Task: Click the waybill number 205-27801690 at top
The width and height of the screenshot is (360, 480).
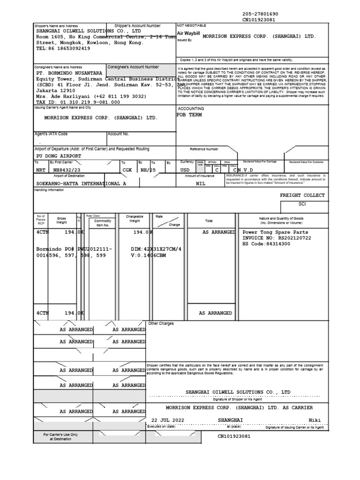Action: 260,15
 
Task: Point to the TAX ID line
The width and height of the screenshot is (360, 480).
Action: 78,102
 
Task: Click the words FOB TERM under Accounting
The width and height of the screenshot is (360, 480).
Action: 189,115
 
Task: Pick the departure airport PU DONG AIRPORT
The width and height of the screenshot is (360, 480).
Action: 59,156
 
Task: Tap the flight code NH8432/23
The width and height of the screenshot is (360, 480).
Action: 67,171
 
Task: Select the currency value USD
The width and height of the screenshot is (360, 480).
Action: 186,171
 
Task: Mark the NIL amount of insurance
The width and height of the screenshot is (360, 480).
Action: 201,184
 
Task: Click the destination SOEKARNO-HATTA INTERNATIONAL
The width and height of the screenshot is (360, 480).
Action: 81,184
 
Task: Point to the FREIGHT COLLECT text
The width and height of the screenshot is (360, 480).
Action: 302,195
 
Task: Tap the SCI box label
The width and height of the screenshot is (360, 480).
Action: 302,204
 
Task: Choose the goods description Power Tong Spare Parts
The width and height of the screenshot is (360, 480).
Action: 275,232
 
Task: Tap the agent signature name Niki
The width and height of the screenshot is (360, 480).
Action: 315,420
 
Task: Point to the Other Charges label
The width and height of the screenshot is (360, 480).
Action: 161,323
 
